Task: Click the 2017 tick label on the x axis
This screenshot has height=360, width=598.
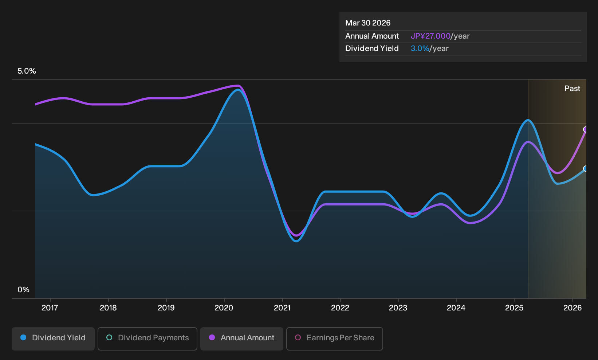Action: (50, 308)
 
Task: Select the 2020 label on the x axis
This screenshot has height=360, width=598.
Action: (224, 308)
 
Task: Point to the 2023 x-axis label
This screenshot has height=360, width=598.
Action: (398, 308)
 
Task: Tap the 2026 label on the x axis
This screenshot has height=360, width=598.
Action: (573, 308)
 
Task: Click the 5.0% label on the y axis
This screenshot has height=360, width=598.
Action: (27, 71)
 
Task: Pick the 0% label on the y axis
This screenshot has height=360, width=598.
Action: (24, 290)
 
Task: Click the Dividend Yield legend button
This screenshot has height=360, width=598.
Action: (53, 339)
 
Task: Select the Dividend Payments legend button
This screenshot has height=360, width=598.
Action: (147, 339)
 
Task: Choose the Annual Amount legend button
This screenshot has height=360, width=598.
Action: (241, 339)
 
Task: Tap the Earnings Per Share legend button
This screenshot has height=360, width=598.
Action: (334, 339)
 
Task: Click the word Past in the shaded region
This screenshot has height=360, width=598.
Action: (572, 89)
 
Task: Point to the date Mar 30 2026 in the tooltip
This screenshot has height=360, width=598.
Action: (368, 23)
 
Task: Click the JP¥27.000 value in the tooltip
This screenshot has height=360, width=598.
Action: (430, 36)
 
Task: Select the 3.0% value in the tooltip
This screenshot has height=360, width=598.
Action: (420, 48)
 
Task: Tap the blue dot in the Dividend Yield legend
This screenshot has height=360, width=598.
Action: (24, 337)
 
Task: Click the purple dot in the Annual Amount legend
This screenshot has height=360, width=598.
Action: (212, 337)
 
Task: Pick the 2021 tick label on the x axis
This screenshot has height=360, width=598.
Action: (282, 308)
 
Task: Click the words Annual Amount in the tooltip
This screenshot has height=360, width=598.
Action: (372, 36)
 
